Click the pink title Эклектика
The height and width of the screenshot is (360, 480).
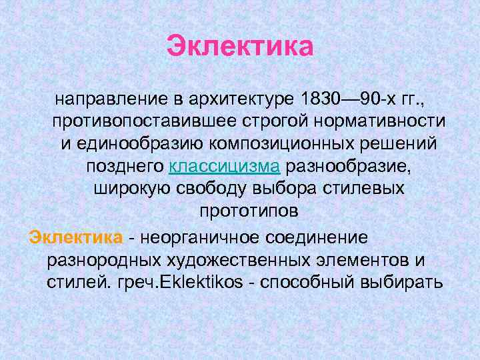coord(240,47)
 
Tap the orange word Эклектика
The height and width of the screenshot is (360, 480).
coord(75,237)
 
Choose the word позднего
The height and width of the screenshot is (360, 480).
coord(125,166)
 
